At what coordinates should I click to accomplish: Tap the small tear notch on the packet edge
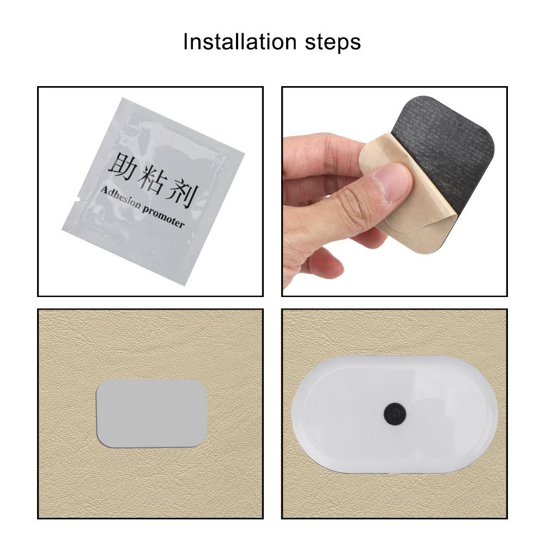point(78,199)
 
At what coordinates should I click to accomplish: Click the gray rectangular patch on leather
point(152,414)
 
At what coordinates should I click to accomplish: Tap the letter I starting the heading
point(185,42)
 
